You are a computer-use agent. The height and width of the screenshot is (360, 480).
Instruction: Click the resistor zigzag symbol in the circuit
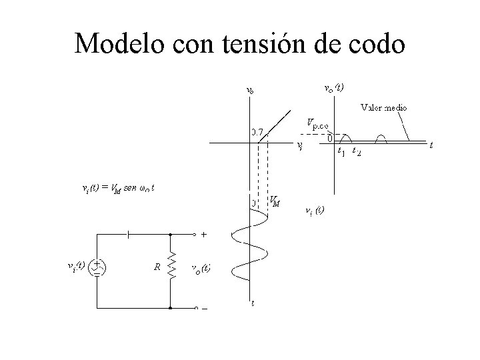pyautogui.click(x=171, y=267)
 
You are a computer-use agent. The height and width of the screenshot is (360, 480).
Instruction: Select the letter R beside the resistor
pyautogui.click(x=157, y=267)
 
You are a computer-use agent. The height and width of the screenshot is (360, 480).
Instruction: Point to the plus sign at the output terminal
pyautogui.click(x=203, y=235)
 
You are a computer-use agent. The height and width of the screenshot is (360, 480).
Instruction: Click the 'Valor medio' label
pyautogui.click(x=385, y=107)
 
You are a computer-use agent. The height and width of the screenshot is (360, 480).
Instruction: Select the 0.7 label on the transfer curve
pyautogui.click(x=257, y=131)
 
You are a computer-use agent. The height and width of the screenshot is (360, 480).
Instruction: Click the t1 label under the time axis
pyautogui.click(x=341, y=151)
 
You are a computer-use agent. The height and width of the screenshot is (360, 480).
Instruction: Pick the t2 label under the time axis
pyautogui.click(x=357, y=151)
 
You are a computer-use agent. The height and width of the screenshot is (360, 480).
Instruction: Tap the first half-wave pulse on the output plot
pyautogui.click(x=345, y=138)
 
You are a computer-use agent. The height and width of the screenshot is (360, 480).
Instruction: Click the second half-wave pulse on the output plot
pyautogui.click(x=383, y=138)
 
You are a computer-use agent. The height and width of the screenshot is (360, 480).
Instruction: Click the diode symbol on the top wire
pyautogui.click(x=128, y=235)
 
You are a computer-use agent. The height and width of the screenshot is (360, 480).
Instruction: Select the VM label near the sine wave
pyautogui.click(x=274, y=200)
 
